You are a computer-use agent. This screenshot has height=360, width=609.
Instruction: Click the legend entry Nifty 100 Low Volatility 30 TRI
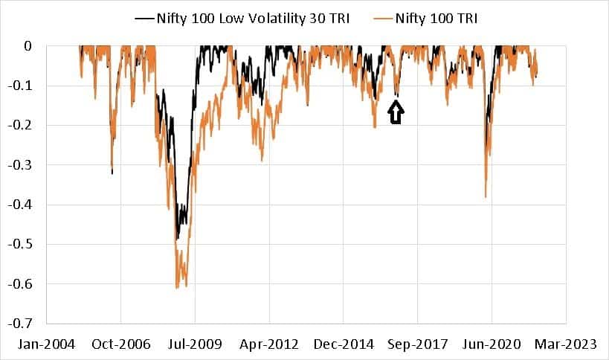click(x=253, y=18)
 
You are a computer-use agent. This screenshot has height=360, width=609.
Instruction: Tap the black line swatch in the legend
click(x=144, y=18)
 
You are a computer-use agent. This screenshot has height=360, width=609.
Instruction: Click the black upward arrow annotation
click(x=396, y=113)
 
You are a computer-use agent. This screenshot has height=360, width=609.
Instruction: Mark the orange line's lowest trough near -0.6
click(x=177, y=287)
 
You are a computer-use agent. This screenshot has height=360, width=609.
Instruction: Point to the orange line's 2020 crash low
click(x=486, y=196)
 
